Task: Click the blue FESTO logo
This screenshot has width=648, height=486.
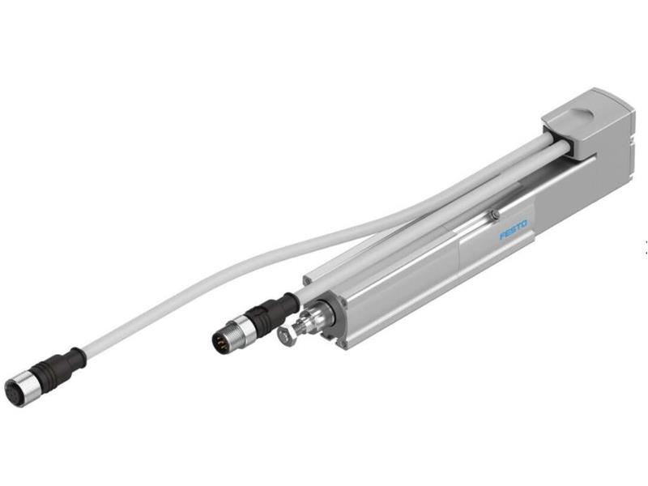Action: pyautogui.click(x=513, y=229)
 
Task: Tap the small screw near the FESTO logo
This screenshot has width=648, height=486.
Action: pyautogui.click(x=493, y=214)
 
